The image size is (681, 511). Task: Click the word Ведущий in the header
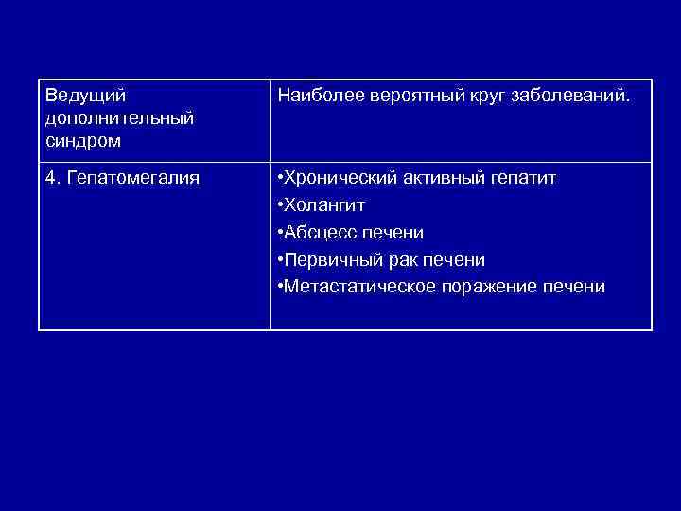click(x=85, y=96)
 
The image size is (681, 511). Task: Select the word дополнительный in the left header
click(x=119, y=118)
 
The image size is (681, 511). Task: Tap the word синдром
click(x=81, y=140)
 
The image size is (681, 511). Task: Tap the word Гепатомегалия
click(x=129, y=177)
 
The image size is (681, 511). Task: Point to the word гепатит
click(x=523, y=177)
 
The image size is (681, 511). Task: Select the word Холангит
click(x=324, y=204)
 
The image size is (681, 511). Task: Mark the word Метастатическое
click(x=358, y=287)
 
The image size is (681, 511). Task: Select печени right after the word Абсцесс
click(x=395, y=232)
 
